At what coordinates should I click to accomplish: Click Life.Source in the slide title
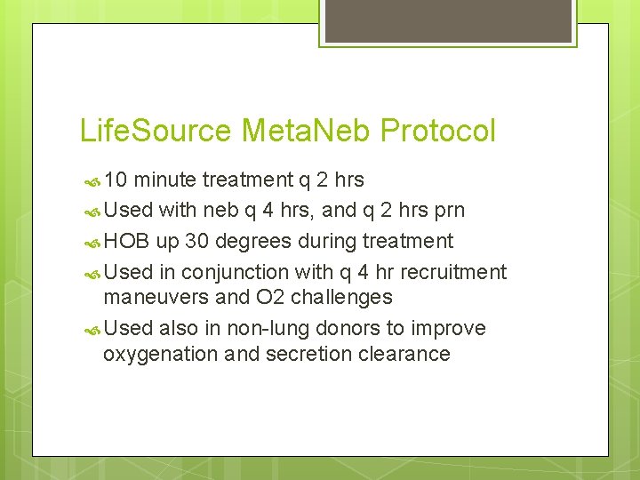tap(156, 132)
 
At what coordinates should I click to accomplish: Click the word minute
tap(166, 180)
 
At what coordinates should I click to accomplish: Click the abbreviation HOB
tap(127, 242)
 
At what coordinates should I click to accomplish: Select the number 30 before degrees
tap(197, 242)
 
